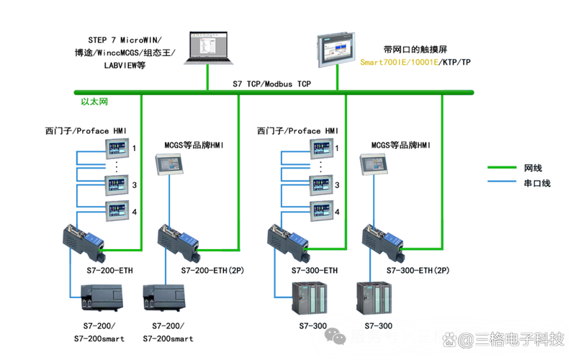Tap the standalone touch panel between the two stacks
[x=169, y=164]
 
